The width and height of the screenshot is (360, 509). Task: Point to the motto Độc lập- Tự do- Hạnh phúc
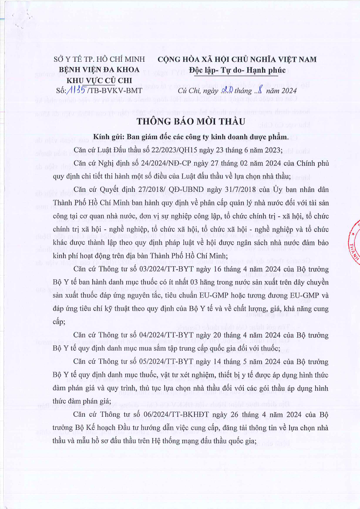pyautogui.click(x=237, y=69)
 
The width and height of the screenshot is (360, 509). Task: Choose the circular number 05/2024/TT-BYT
pyautogui.click(x=168, y=362)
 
